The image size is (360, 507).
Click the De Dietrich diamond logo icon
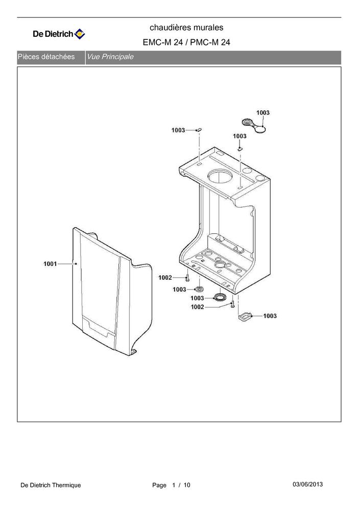[80, 34]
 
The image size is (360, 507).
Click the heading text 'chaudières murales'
[186, 28]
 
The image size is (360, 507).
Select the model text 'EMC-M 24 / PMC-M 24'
[186, 42]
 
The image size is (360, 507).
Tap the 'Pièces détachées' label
[46, 57]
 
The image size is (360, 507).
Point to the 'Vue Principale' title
[110, 57]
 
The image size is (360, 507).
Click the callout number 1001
[50, 264]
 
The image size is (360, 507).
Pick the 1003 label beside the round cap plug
[263, 112]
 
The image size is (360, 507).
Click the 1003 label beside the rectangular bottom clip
[270, 316]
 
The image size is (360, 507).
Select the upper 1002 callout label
[165, 278]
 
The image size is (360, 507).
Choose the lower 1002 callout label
[197, 307]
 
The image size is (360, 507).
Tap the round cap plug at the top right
[254, 126]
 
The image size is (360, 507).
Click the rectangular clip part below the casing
[245, 317]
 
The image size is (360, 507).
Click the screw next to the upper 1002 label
[187, 278]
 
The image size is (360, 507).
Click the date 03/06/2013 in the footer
[307, 485]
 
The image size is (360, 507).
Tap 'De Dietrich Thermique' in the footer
[51, 485]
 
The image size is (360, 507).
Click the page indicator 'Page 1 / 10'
[172, 485]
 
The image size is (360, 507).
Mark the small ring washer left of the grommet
[200, 289]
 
